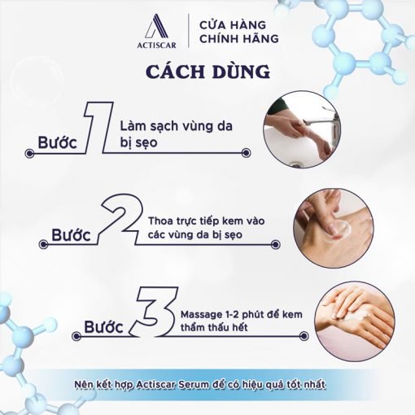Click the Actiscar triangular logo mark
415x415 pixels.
tap(157, 27)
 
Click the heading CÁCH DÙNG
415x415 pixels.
tap(207, 72)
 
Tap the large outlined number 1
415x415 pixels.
tap(98, 127)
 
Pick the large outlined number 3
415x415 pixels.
tap(154, 312)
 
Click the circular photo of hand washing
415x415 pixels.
tap(302, 129)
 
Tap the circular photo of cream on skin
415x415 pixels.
tap(334, 228)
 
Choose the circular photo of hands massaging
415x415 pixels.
tap(355, 321)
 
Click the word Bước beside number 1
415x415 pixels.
tap(57, 142)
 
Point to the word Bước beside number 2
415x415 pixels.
tap(71, 235)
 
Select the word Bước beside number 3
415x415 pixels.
tap(103, 326)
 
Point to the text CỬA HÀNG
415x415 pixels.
tap(233, 25)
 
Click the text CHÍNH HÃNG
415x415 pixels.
tap(239, 38)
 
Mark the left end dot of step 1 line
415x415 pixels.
tap(29, 154)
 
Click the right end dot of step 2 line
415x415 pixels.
tap(275, 245)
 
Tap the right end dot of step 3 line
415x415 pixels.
tap(304, 336)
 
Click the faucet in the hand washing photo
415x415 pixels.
tap(323, 120)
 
